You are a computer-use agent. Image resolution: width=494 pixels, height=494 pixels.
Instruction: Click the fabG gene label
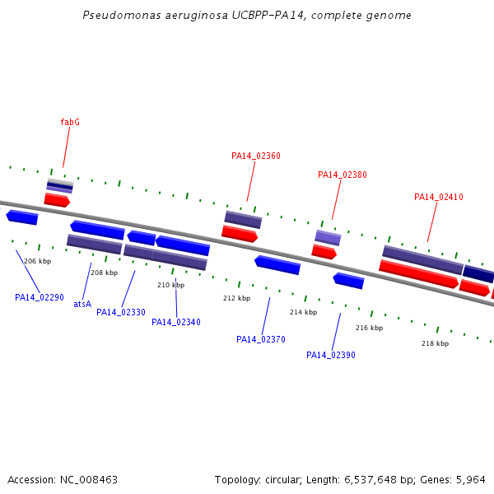point(70,122)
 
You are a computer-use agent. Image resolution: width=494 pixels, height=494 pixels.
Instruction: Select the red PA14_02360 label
point(256,156)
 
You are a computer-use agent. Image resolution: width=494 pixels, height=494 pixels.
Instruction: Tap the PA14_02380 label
point(343,175)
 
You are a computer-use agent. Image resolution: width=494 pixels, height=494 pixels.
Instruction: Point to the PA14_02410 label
point(439,198)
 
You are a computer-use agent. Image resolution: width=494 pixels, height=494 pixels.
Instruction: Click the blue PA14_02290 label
point(40,297)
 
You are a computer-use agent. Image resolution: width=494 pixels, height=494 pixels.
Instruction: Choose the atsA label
point(82,304)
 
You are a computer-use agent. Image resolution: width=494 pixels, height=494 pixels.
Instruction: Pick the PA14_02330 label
point(121,312)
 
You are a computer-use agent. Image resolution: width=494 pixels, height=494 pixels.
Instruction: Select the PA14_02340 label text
point(176,322)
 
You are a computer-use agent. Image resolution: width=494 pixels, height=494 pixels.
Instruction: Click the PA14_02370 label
point(261,339)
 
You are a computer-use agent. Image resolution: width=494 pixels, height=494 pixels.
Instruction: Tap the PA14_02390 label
point(331,355)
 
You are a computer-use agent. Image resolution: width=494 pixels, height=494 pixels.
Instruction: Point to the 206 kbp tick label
point(38,261)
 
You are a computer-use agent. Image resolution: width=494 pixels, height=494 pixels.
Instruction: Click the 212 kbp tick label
point(236,298)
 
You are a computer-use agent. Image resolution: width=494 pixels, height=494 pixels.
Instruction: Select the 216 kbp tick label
point(369,328)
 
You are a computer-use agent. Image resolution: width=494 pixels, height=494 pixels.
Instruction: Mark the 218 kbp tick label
point(435,343)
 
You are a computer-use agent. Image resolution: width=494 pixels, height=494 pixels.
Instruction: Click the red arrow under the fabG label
point(57,200)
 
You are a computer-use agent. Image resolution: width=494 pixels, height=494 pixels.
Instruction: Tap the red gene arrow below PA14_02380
point(324,252)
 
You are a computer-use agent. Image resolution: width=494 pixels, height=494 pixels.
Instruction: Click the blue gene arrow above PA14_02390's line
point(348,281)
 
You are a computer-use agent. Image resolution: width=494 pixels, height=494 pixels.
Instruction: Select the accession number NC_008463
point(89,480)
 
